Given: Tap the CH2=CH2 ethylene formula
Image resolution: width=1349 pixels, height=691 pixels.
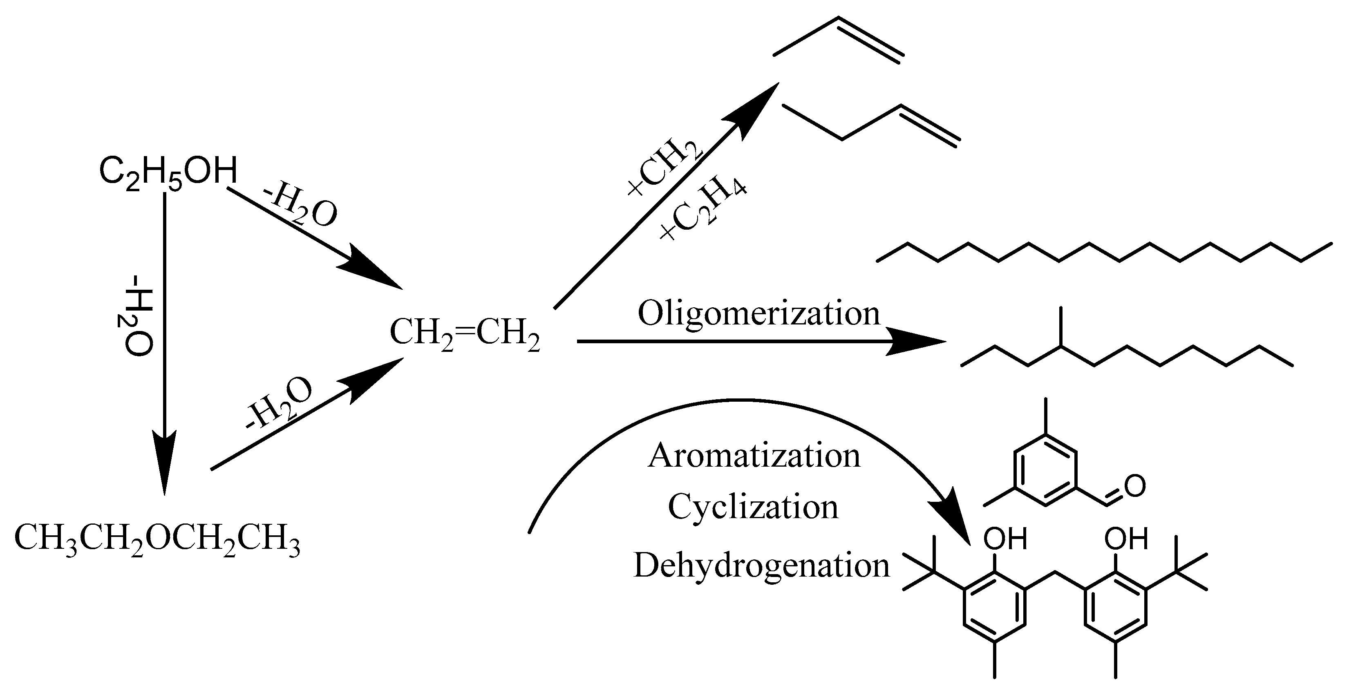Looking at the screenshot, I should (x=465, y=334).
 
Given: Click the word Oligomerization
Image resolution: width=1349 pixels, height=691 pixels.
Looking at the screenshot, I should (x=759, y=314).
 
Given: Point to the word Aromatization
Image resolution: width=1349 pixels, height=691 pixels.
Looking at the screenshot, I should (x=754, y=456).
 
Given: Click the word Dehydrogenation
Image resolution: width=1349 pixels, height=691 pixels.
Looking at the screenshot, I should (x=761, y=566).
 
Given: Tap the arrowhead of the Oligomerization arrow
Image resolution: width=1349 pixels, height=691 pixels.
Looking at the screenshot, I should (x=917, y=342).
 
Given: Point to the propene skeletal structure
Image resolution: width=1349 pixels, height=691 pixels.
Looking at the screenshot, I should (x=838, y=39).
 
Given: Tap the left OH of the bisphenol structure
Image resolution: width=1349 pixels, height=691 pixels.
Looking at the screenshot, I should (x=1004, y=539).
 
